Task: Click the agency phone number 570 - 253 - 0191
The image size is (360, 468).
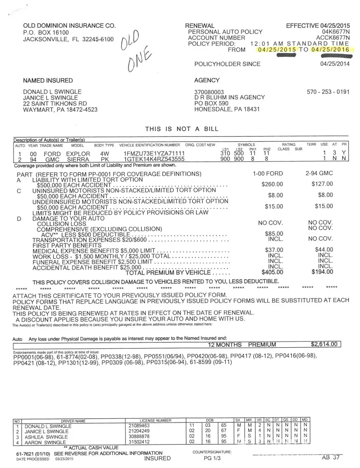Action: pyautogui.click(x=328, y=92)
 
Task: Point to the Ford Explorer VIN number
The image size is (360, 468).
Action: pyautogui.click(x=154, y=154)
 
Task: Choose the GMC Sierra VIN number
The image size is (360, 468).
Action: pyautogui.click(x=154, y=159)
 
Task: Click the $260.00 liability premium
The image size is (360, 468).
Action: pyautogui.click(x=272, y=183)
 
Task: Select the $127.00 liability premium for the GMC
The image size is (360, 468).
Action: pyautogui.click(x=322, y=183)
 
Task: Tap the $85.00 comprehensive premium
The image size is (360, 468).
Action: pyautogui.click(x=274, y=233)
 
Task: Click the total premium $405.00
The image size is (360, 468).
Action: pyautogui.click(x=272, y=272)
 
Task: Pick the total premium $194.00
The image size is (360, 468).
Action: pyautogui.click(x=322, y=272)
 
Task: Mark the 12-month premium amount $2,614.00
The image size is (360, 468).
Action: pyautogui.click(x=324, y=344)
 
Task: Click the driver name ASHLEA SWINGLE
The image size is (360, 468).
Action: pyautogui.click(x=47, y=436)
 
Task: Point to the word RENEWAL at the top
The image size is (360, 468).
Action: pyautogui.click(x=200, y=25)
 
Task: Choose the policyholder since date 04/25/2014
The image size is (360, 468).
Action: pyautogui.click(x=335, y=64)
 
